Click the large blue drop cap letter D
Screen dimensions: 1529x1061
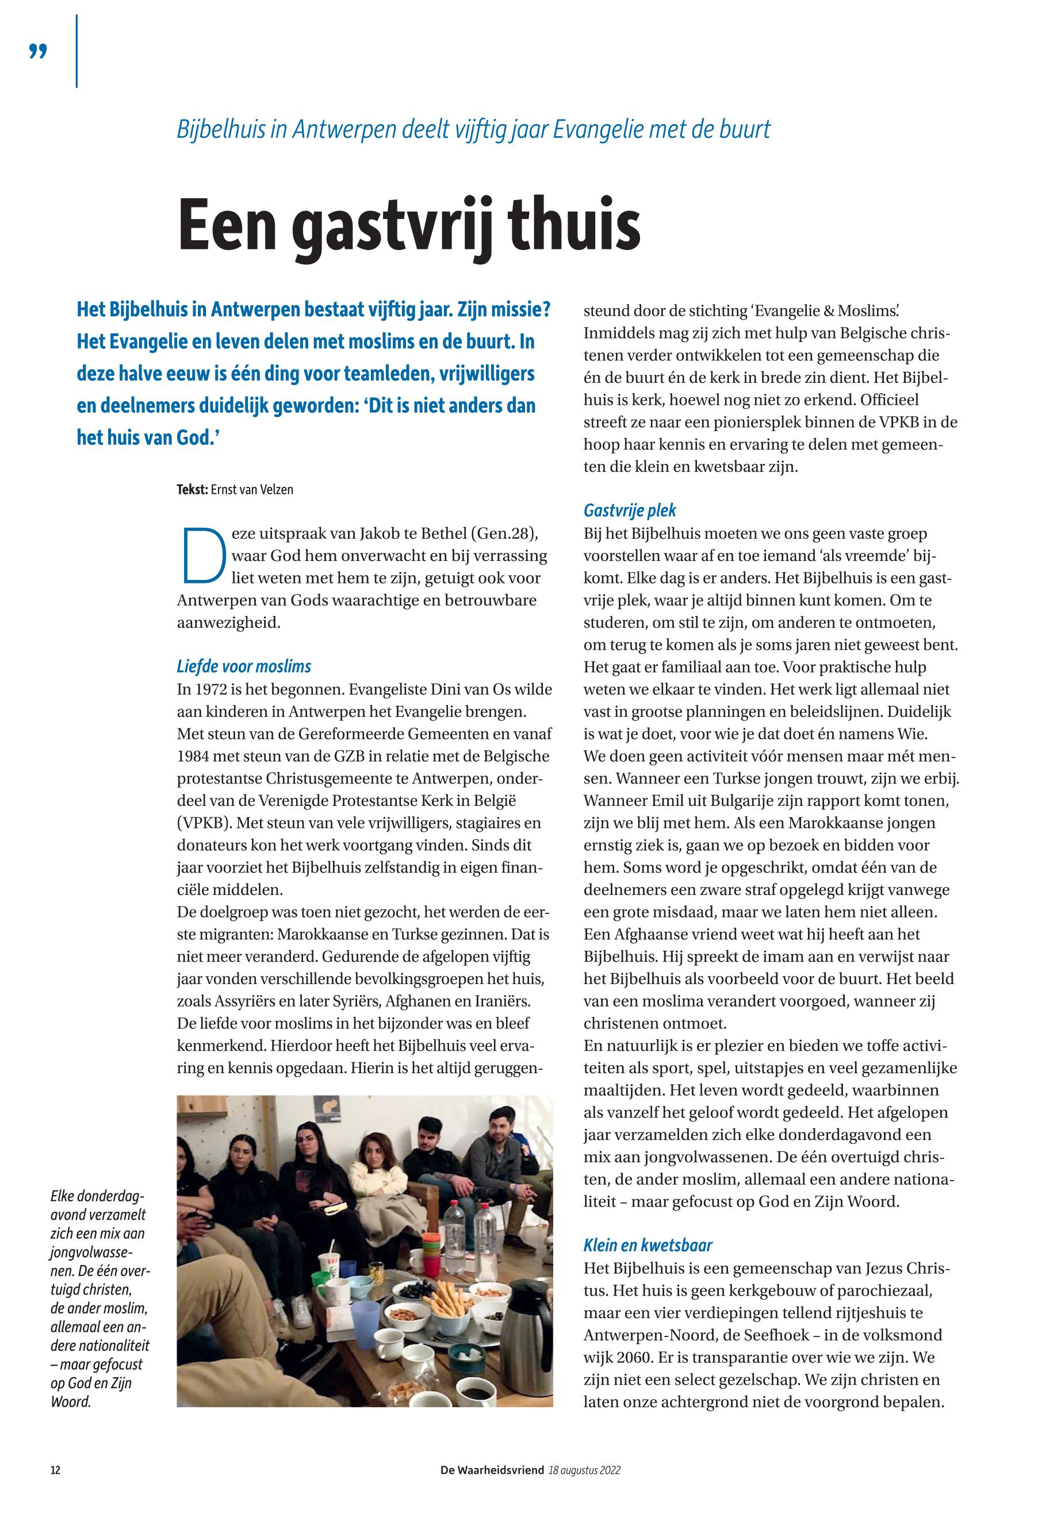click(x=201, y=555)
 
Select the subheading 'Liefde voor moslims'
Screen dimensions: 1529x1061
click(x=243, y=666)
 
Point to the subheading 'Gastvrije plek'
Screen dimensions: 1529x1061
click(x=630, y=510)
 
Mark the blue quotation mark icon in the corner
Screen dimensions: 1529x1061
click(x=39, y=52)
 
